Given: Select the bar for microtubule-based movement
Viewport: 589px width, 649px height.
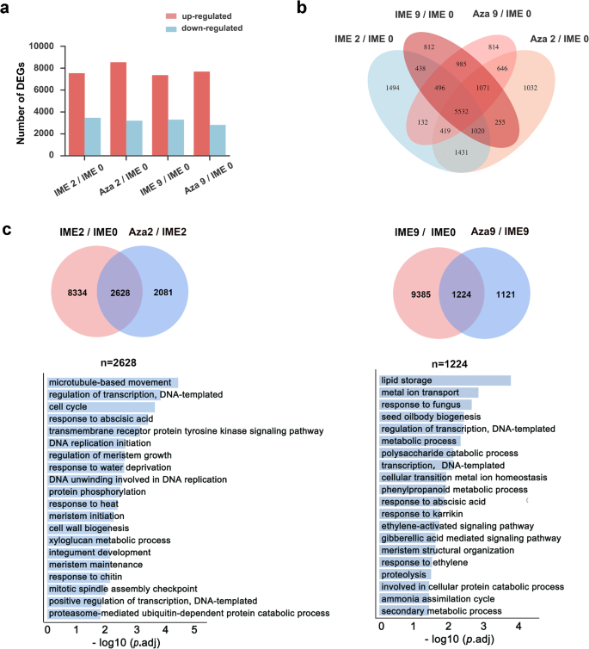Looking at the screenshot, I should click(x=112, y=382).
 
